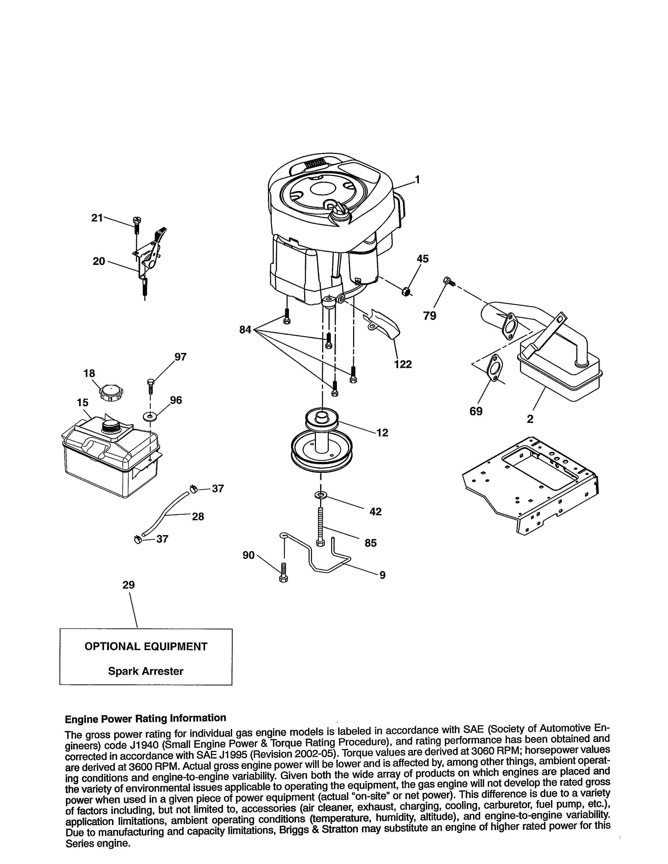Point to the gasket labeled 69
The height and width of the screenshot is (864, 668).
[493, 368]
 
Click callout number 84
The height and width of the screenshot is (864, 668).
[245, 329]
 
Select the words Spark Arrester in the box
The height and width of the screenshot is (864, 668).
[146, 671]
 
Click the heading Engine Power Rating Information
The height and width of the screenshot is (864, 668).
[145, 718]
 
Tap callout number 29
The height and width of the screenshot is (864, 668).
[129, 585]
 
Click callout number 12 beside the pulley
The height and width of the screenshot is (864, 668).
[382, 433]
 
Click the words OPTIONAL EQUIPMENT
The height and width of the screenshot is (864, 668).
[146, 646]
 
